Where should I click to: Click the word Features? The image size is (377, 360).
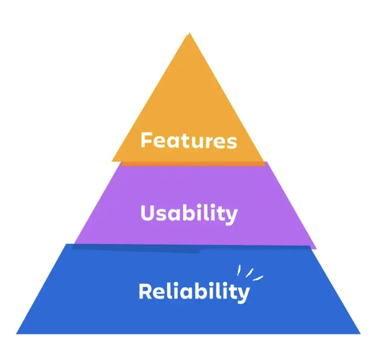point(188,141)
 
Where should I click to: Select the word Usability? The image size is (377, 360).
point(189,213)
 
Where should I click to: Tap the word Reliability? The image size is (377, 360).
point(194,292)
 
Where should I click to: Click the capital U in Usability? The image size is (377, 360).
point(147,213)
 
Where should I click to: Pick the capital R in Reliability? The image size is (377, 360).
point(145,291)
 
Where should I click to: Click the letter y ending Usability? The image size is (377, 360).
point(232,216)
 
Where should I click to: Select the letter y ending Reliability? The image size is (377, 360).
point(244,294)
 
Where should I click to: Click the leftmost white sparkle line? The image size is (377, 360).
point(239,271)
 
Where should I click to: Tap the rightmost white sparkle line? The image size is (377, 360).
point(258,278)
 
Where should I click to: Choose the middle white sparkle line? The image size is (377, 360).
point(249,273)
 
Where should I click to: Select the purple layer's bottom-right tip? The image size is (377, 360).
point(316,249)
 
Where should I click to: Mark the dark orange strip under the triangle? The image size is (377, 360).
point(194,163)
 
